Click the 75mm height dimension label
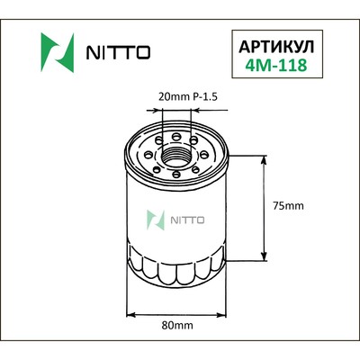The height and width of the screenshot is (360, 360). pyautogui.click(x=288, y=205)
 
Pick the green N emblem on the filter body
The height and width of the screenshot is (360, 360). pyautogui.click(x=157, y=219)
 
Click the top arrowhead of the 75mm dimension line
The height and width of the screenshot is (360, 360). pyautogui.click(x=263, y=159)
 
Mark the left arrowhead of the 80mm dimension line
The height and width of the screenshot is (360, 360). pyautogui.click(x=130, y=313)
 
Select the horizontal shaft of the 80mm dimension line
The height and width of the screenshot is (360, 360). pyautogui.click(x=176, y=313)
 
